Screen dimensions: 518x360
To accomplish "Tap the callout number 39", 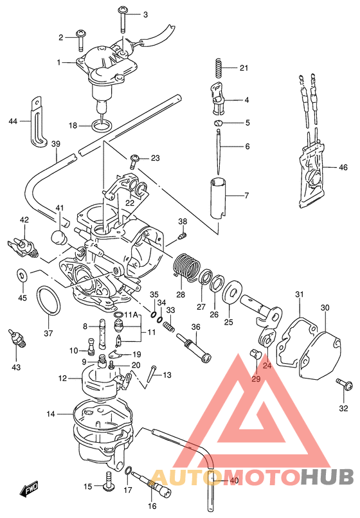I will click(55, 143).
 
